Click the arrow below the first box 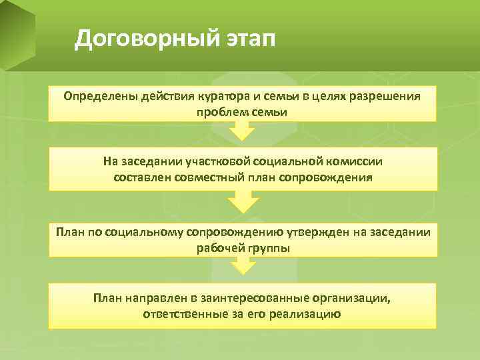[243, 130]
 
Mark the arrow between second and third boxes [243, 200]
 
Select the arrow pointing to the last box [243, 267]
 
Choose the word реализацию [305, 313]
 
